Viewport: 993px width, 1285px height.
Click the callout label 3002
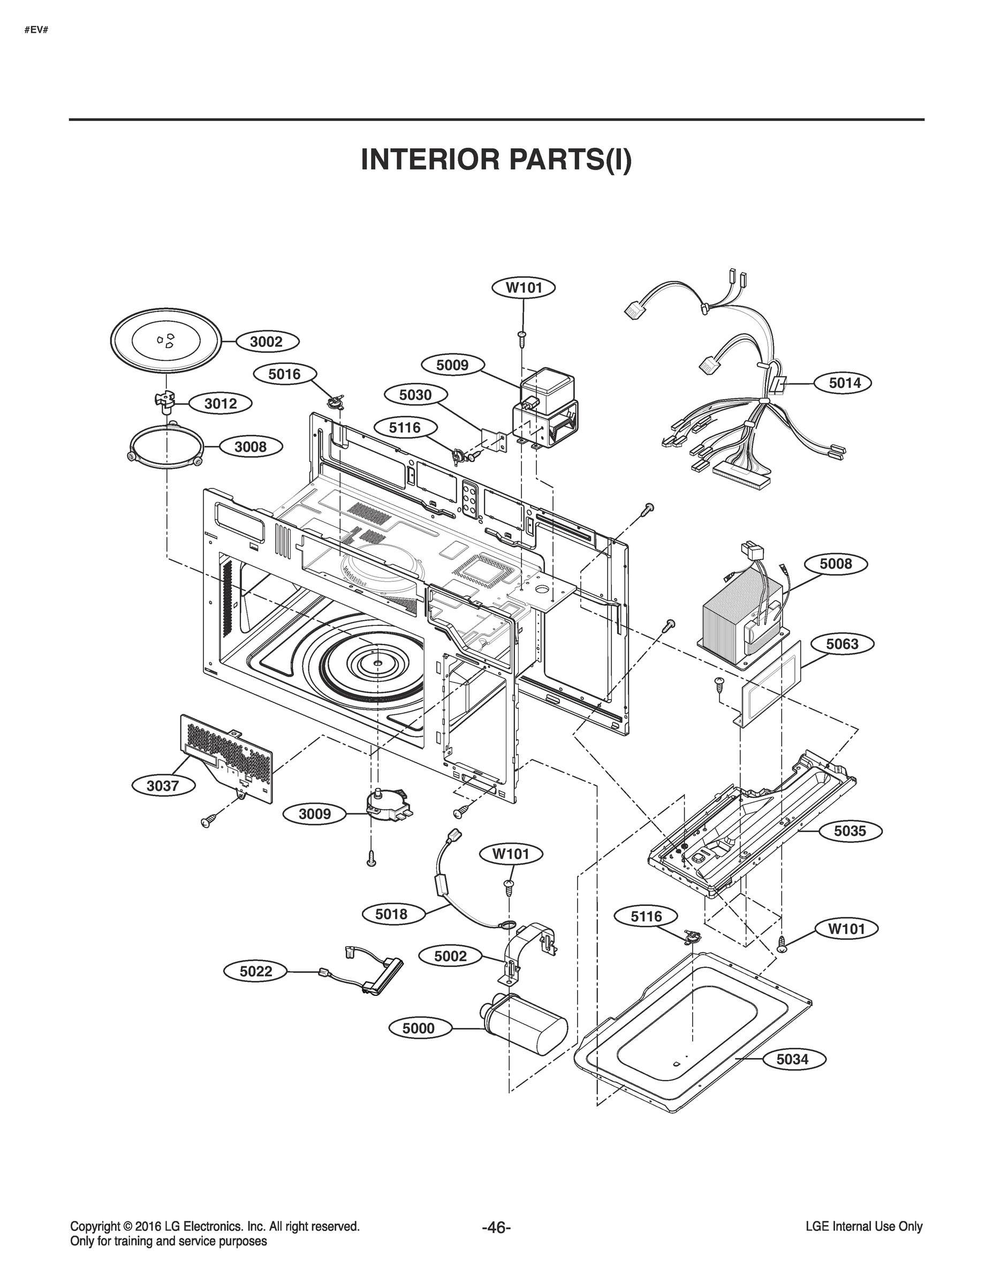click(266, 341)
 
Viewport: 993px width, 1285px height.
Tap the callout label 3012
click(221, 403)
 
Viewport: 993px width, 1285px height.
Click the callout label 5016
click(284, 374)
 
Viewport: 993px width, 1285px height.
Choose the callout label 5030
click(415, 395)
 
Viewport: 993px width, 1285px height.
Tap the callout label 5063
click(843, 644)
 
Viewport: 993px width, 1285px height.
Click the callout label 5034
click(792, 1059)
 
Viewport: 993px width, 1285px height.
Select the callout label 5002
click(450, 956)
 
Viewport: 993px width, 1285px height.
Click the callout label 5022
click(256, 971)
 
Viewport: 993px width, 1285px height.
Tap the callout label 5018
click(391, 914)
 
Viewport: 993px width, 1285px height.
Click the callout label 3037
click(162, 785)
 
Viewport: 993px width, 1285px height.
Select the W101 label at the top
click(524, 288)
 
